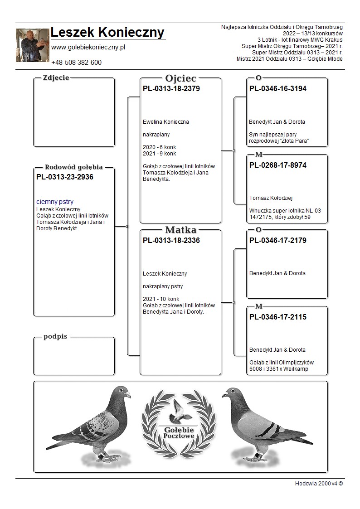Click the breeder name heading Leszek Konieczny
[107, 33]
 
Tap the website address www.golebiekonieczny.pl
[88, 47]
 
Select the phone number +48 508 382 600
[76, 63]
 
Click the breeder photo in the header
[32, 45]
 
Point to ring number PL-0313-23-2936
[64, 177]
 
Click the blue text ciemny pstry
[55, 202]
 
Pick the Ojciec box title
[180, 78]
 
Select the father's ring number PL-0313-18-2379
[171, 89]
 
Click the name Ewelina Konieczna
[165, 122]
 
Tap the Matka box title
[180, 230]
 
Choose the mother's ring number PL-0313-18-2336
[171, 241]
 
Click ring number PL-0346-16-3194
[277, 89]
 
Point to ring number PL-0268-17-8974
[277, 165]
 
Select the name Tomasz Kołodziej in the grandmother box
[271, 198]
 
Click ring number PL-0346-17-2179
[277, 241]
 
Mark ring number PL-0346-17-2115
[277, 317]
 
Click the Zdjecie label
[56, 78]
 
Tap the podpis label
[55, 337]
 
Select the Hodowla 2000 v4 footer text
[319, 483]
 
